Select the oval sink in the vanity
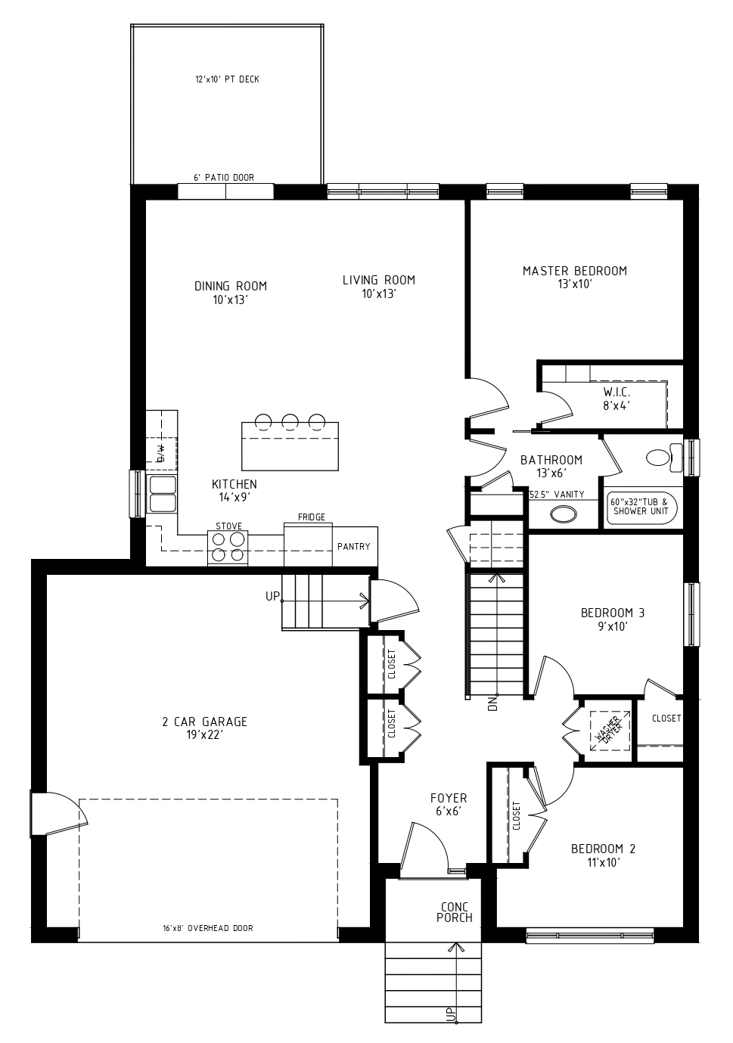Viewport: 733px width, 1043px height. coord(564,514)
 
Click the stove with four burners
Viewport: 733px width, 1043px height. coord(228,548)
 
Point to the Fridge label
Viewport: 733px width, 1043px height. coord(312,517)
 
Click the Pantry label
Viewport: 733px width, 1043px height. coord(354,546)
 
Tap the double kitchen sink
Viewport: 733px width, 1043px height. coord(162,494)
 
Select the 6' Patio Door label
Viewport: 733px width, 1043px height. coord(224,178)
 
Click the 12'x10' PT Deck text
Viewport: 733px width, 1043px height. coord(227,79)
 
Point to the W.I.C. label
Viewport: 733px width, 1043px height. coord(617,399)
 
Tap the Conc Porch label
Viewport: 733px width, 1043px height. coord(454,912)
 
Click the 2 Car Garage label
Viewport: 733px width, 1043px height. coord(204,728)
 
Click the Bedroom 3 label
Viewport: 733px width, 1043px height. coord(613,619)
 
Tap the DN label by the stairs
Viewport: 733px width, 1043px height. coord(493,703)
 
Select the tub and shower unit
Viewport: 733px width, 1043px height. coord(643,508)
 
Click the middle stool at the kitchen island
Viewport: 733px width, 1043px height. coord(290,421)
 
